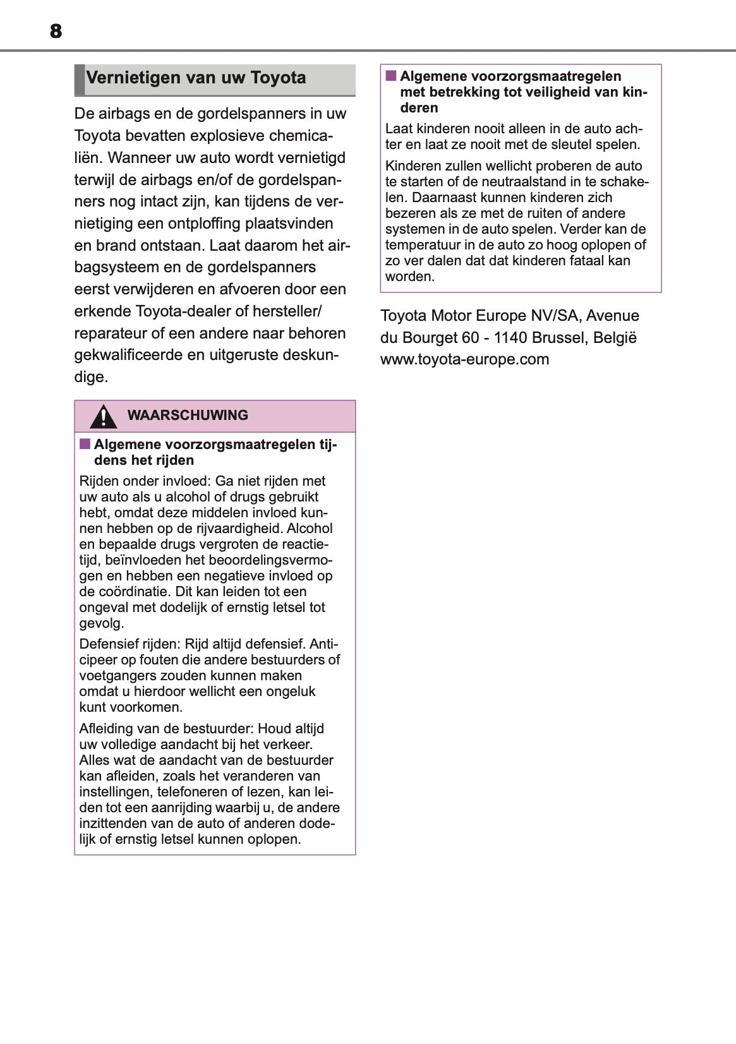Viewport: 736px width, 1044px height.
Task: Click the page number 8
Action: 56,31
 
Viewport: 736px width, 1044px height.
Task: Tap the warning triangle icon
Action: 103,416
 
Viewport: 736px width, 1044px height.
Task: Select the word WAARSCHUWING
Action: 188,416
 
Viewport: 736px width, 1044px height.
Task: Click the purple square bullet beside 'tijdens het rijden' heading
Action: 85,444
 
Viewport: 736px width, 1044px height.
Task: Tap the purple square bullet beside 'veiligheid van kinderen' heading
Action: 391,76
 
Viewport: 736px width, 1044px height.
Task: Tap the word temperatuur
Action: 423,245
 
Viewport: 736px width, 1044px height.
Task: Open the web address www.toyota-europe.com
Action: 464,359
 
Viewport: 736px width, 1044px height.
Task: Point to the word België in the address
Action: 615,338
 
